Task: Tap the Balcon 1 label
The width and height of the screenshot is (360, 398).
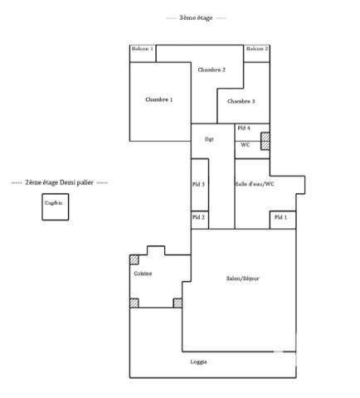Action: click(143, 50)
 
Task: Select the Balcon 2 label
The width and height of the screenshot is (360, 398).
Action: click(258, 50)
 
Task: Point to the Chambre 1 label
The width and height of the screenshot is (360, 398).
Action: click(158, 99)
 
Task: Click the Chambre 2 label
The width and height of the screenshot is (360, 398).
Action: click(212, 70)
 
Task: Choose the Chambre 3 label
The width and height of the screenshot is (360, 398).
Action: click(241, 101)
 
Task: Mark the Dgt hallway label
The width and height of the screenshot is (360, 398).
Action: click(210, 139)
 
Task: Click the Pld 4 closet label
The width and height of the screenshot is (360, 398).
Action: click(243, 128)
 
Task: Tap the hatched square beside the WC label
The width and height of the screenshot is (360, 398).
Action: click(265, 142)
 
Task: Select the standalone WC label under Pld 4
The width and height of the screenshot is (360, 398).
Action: click(246, 144)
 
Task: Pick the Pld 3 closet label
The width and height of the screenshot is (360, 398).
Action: click(199, 184)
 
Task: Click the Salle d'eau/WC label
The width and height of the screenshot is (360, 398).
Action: click(255, 183)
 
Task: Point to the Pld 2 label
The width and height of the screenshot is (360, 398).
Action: click(199, 217)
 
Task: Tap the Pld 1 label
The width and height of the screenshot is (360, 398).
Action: click(281, 217)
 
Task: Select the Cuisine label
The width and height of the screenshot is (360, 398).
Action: click(143, 273)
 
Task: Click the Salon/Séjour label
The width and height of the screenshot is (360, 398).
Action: click(243, 279)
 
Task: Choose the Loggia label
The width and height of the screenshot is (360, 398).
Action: click(199, 362)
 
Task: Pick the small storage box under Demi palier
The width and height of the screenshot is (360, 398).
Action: click(54, 206)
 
